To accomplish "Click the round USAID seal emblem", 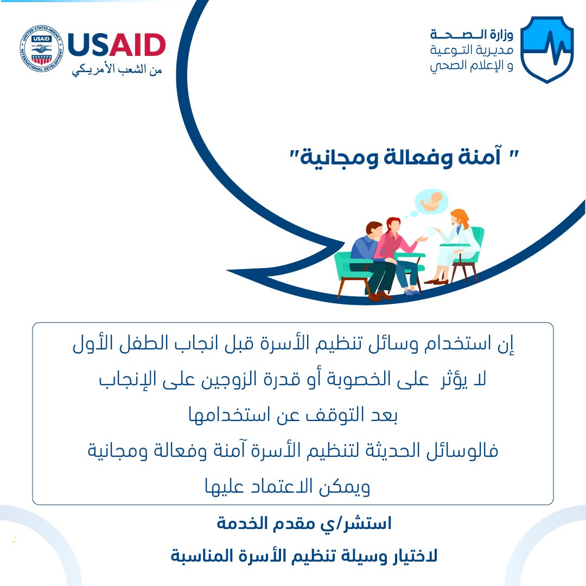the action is click(x=41, y=49).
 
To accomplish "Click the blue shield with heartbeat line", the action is click(x=547, y=49).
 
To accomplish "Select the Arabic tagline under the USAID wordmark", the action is click(x=117, y=70).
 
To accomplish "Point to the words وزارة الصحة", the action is click(x=472, y=35).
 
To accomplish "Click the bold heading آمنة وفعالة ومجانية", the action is click(x=404, y=157).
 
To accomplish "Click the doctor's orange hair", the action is click(x=460, y=217).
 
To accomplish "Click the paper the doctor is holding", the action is click(x=432, y=231).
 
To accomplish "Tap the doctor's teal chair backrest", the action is click(x=476, y=243).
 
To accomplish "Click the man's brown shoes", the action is click(x=379, y=296).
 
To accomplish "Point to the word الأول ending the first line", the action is click(x=88, y=343).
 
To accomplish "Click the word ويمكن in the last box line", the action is click(x=344, y=487).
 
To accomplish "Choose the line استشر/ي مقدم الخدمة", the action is click(x=304, y=524).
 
